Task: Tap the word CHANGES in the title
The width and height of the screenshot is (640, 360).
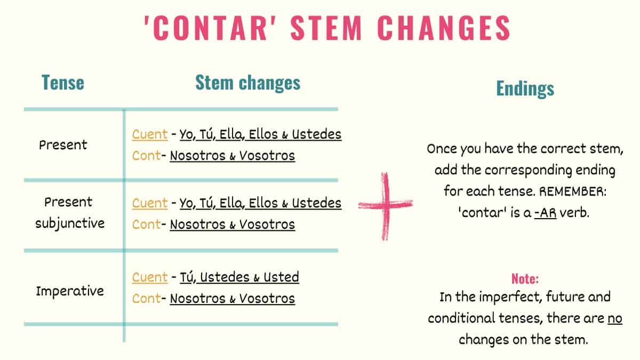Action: (x=444, y=28)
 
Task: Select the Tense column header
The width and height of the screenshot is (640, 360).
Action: (x=63, y=83)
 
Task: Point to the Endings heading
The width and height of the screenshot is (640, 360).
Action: (x=525, y=89)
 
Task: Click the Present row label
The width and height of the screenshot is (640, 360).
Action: (x=63, y=145)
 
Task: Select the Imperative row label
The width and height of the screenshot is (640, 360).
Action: (x=70, y=291)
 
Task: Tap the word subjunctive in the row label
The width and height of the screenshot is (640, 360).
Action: (x=70, y=223)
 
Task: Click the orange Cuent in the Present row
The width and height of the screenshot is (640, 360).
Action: (x=150, y=134)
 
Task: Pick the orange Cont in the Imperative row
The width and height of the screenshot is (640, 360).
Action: (x=146, y=299)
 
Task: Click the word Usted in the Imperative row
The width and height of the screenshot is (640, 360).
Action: (x=281, y=277)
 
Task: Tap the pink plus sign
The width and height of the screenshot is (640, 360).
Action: (x=386, y=206)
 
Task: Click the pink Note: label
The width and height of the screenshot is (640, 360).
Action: (x=525, y=278)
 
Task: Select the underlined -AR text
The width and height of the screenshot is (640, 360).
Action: (x=545, y=213)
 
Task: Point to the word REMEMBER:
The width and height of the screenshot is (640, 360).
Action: (x=573, y=191)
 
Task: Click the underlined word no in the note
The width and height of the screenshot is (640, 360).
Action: (x=615, y=318)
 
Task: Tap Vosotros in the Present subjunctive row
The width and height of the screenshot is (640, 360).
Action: (x=267, y=225)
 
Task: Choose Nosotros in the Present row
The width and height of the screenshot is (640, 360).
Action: (x=198, y=156)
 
